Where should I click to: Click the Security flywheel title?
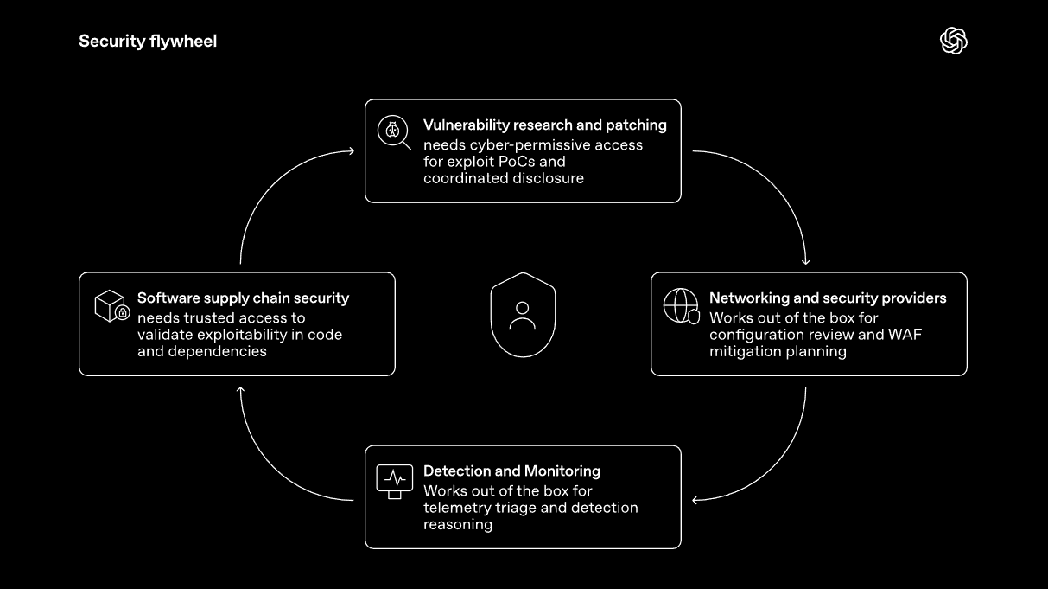(148, 42)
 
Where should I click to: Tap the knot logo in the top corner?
(954, 41)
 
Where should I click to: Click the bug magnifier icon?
(394, 132)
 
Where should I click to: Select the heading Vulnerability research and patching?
(545, 125)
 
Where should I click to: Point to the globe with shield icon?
(681, 306)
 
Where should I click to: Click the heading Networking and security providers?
(828, 298)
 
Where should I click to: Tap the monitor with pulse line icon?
(394, 482)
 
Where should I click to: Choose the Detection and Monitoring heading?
(511, 471)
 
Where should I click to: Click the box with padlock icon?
(112, 306)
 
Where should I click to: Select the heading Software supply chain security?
(244, 298)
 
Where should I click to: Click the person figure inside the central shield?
(523, 315)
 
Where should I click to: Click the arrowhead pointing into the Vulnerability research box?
(352, 150)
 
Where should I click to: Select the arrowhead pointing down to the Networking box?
(805, 262)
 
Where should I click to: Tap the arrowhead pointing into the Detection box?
(695, 500)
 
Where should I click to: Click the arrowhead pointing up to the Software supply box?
(240, 390)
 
